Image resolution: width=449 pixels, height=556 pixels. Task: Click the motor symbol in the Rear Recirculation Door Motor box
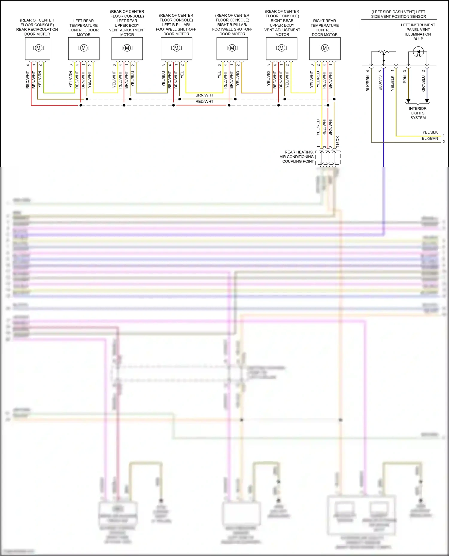click(38, 48)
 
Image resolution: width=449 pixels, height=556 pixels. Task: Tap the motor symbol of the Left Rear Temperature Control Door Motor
click(84, 48)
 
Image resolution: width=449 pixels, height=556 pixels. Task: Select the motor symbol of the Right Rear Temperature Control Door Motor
click(324, 48)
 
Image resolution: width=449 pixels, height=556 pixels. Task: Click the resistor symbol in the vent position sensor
click(383, 52)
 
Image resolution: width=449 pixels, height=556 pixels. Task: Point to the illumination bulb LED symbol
click(418, 52)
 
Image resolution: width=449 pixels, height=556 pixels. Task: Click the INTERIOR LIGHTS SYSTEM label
click(418, 113)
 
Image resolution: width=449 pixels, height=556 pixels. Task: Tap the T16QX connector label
click(338, 142)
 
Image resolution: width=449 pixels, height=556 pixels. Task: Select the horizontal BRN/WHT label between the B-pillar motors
click(204, 95)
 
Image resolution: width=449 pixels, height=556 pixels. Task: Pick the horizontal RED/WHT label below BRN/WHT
click(204, 102)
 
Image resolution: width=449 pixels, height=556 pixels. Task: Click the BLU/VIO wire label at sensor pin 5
click(380, 83)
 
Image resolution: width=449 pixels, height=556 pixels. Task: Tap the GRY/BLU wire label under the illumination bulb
click(423, 83)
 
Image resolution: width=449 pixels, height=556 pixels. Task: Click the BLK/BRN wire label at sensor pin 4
click(368, 83)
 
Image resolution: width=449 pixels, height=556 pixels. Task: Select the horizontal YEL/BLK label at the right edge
click(430, 132)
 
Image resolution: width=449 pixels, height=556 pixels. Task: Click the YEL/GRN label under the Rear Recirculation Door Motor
click(40, 79)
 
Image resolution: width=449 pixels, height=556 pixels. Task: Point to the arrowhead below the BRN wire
click(408, 101)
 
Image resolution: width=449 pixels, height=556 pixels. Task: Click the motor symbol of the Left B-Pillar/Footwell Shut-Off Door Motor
click(176, 48)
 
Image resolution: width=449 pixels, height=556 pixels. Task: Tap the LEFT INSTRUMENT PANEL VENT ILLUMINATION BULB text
click(418, 32)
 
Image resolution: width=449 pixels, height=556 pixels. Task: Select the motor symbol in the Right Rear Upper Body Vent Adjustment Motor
click(281, 48)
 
